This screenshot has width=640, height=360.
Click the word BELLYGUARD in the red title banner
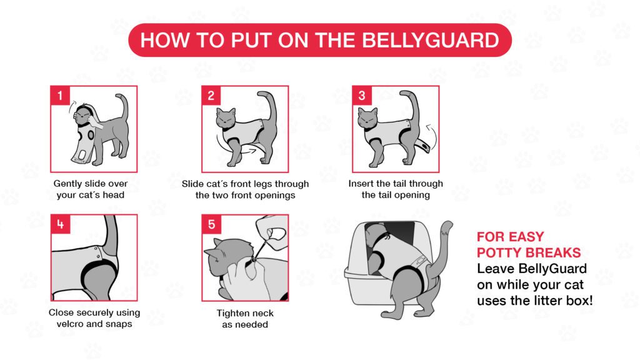tap(430, 40)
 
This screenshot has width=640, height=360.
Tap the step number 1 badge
tap(60, 96)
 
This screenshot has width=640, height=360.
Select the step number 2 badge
tap(211, 96)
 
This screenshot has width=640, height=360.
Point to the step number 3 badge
tap(362, 96)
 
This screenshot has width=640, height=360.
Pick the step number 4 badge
tap(61, 224)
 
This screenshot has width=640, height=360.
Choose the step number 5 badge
tap(211, 224)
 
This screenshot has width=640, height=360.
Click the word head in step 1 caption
tap(114, 195)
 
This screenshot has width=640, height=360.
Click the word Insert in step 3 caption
tap(361, 184)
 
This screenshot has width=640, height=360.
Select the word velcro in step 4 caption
tap(70, 324)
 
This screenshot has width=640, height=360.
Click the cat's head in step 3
tap(367, 118)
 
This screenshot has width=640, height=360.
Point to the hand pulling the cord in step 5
tap(271, 231)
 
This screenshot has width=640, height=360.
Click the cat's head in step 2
tap(226, 118)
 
